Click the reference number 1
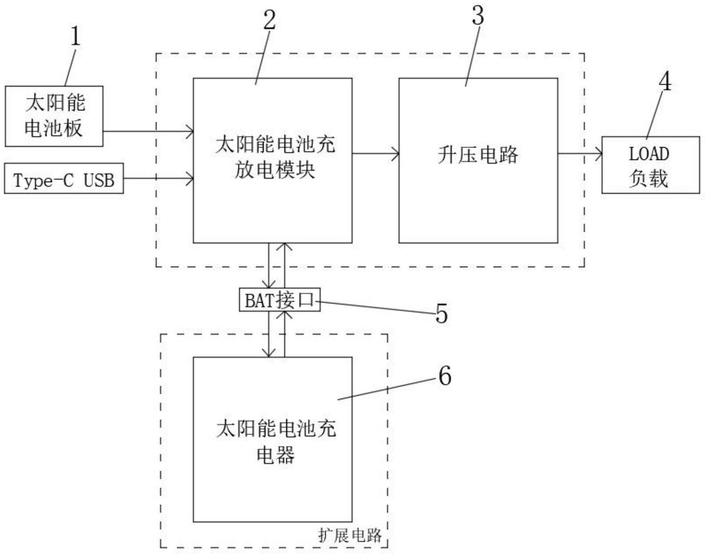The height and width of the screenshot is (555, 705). [x=75, y=36]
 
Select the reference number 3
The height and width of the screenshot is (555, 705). [x=478, y=16]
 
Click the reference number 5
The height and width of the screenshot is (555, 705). [x=441, y=315]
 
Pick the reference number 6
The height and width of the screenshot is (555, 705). [x=445, y=376]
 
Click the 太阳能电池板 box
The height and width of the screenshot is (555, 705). [x=54, y=116]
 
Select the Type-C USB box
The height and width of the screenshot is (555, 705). [x=64, y=178]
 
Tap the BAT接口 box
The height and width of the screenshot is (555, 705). [x=279, y=300]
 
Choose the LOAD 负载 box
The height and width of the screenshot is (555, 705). [x=650, y=165]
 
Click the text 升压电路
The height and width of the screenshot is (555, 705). [x=478, y=155]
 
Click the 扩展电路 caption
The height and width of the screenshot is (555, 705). [x=350, y=535]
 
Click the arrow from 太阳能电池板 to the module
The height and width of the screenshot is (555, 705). [x=147, y=132]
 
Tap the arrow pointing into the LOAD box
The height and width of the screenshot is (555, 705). [x=580, y=154]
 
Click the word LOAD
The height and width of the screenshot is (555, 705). [x=649, y=154]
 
